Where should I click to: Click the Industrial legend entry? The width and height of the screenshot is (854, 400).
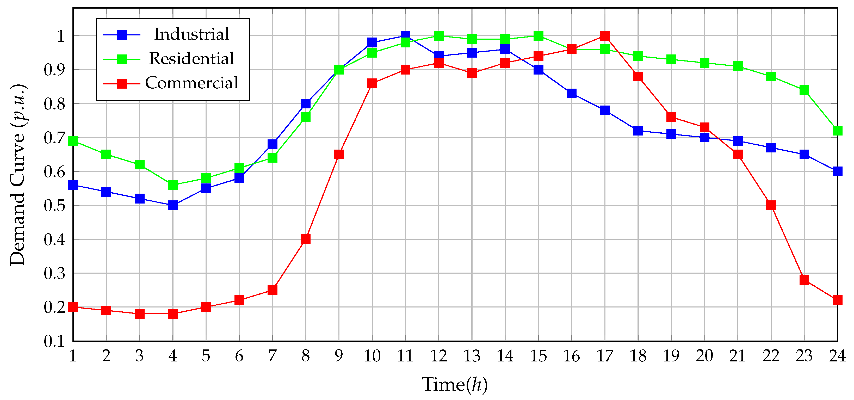pos(191,34)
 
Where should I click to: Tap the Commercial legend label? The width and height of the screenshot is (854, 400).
pos(191,83)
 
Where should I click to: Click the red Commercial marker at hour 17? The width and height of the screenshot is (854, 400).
pos(605,35)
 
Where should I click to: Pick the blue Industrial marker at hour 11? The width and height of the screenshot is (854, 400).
pos(405,35)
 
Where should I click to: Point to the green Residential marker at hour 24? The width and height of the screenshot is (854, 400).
pos(837,131)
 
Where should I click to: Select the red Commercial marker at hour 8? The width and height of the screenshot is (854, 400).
pos(306,239)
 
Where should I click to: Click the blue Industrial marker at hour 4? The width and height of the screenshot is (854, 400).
pos(173,205)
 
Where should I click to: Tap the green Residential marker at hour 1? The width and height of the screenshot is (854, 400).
pos(73,141)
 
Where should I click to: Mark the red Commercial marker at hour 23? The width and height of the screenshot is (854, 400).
pos(804,280)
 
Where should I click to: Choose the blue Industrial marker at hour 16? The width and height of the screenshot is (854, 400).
pos(572,94)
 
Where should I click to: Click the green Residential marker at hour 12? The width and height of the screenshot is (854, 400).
pos(439,35)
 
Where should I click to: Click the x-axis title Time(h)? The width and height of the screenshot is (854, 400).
pos(455,385)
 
